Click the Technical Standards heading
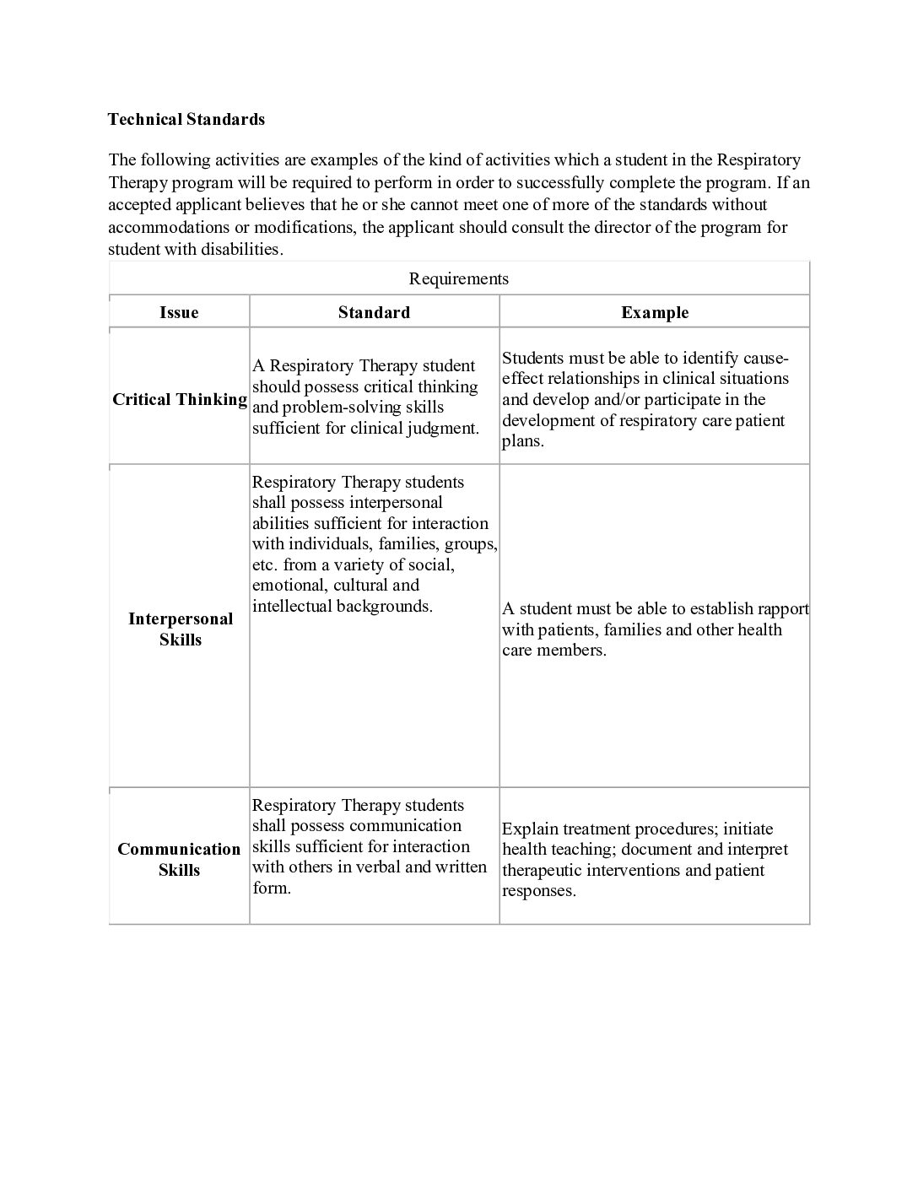tap(186, 119)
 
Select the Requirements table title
tap(458, 278)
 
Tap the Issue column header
tap(179, 312)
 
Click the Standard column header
tap(374, 312)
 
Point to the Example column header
tap(655, 312)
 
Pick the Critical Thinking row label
tap(180, 399)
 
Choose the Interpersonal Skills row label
tap(180, 629)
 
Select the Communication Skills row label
tap(179, 859)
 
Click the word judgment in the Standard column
tap(442, 428)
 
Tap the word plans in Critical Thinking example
tap(522, 441)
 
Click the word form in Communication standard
tap(271, 888)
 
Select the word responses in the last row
tap(538, 891)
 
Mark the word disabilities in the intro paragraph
tap(240, 249)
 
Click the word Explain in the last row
tap(530, 829)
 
